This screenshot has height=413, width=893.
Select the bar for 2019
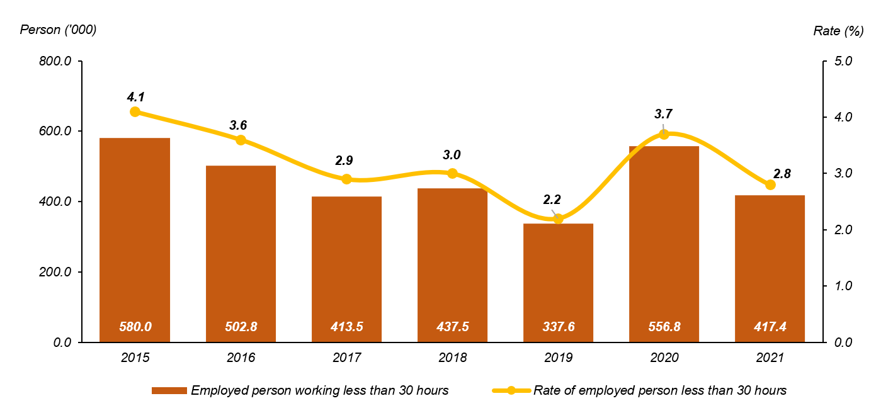[558, 283]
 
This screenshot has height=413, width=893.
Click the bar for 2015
[135, 240]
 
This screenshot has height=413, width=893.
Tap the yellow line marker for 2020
[664, 134]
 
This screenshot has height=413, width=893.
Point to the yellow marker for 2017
[346, 179]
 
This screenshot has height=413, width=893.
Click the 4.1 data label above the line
[135, 97]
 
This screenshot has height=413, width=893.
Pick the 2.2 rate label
[552, 200]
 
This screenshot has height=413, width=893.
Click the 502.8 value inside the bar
[241, 327]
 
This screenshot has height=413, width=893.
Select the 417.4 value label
[770, 327]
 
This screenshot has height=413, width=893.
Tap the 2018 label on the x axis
[452, 358]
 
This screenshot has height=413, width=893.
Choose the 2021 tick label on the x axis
[770, 358]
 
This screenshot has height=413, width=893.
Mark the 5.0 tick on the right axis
[843, 62]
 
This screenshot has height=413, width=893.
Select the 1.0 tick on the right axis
[843, 286]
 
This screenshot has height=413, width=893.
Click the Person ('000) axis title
[59, 30]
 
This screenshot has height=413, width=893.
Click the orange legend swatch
[169, 391]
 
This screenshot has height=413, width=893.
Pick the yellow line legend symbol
[511, 391]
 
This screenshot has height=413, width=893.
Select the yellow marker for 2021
[770, 185]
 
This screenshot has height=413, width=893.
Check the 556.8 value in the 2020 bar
[664, 327]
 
